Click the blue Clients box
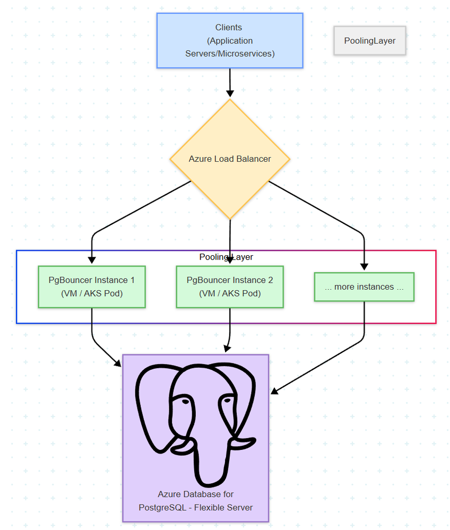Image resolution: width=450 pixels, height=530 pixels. pyautogui.click(x=229, y=40)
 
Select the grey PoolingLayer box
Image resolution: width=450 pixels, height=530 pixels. pyautogui.click(x=369, y=41)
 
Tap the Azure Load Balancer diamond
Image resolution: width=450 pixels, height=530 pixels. pyautogui.click(x=230, y=159)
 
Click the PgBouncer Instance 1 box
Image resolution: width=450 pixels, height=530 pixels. pyautogui.click(x=92, y=286)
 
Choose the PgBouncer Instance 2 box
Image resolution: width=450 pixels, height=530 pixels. pyautogui.click(x=230, y=286)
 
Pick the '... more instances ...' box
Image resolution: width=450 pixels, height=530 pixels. pyautogui.click(x=364, y=287)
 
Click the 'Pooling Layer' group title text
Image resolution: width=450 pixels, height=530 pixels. pyautogui.click(x=226, y=257)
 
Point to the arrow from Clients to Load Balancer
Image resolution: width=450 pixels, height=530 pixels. pyautogui.click(x=230, y=83)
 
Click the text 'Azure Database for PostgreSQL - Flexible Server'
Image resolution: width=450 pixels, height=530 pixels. pyautogui.click(x=195, y=501)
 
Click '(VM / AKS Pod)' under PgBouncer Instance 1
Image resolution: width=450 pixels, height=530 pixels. pyautogui.click(x=92, y=293)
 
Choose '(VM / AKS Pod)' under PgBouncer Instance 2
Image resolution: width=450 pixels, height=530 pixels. pyautogui.click(x=230, y=293)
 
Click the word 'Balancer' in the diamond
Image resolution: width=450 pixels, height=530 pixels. pyautogui.click(x=254, y=159)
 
